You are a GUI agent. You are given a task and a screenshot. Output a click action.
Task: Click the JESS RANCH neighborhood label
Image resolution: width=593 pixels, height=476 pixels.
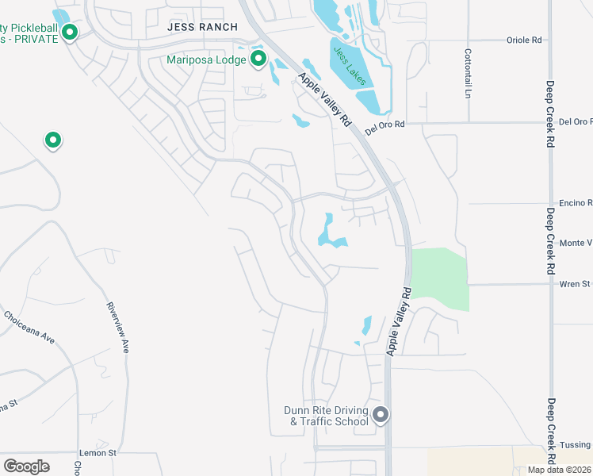point(202,27)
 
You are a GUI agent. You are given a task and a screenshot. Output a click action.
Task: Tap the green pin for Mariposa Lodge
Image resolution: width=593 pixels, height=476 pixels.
point(258,58)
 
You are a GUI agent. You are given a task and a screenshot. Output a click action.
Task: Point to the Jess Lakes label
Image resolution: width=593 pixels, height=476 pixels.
point(350,67)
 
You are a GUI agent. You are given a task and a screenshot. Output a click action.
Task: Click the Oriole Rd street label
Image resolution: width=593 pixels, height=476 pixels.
point(525,39)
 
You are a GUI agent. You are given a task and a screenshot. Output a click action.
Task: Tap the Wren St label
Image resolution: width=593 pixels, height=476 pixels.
point(576,283)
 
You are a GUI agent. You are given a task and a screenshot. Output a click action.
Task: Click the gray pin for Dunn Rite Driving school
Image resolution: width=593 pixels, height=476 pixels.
point(381,415)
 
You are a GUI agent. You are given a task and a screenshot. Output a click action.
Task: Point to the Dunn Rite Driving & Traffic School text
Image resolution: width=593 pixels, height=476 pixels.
point(327,416)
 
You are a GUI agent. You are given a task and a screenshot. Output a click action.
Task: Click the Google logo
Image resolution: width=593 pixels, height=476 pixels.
point(26,466)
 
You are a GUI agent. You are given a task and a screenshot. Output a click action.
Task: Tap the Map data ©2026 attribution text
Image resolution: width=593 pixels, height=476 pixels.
point(560,470)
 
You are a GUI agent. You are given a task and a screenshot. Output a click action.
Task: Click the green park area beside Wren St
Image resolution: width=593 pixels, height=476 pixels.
point(440,278)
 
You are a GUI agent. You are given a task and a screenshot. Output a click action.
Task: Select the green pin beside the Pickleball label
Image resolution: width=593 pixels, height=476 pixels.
point(70,33)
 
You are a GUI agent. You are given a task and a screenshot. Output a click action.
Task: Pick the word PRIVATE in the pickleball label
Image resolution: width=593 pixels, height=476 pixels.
point(35,40)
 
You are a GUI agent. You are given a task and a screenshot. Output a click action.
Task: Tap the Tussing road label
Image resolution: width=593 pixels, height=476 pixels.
point(576,445)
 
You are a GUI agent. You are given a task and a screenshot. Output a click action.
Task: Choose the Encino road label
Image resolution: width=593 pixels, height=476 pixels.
point(576,202)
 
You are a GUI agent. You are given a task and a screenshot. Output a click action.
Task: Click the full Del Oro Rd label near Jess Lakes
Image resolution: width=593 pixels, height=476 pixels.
point(384,125)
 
